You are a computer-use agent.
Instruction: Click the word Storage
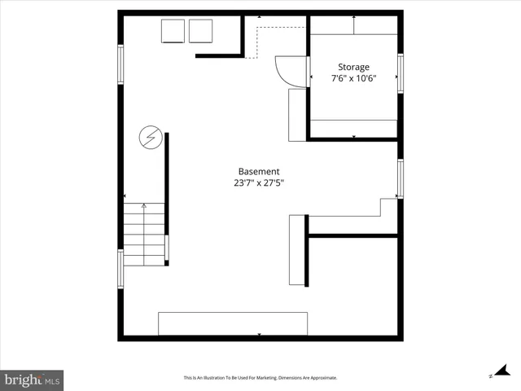[353, 67]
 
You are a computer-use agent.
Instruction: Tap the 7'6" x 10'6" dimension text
[353, 79]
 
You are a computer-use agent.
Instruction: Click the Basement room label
[259, 171]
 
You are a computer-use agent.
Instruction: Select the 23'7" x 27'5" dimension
[259, 183]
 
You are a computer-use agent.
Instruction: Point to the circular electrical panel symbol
[149, 137]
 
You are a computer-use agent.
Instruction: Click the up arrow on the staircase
[144, 207]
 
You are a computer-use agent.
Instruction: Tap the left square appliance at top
[173, 30]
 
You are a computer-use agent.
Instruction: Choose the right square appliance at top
[200, 30]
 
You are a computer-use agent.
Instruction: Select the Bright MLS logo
[32, 379]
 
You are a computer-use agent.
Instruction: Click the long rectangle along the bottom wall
[233, 323]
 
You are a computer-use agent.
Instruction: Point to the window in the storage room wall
[400, 72]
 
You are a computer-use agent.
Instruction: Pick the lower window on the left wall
[121, 268]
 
